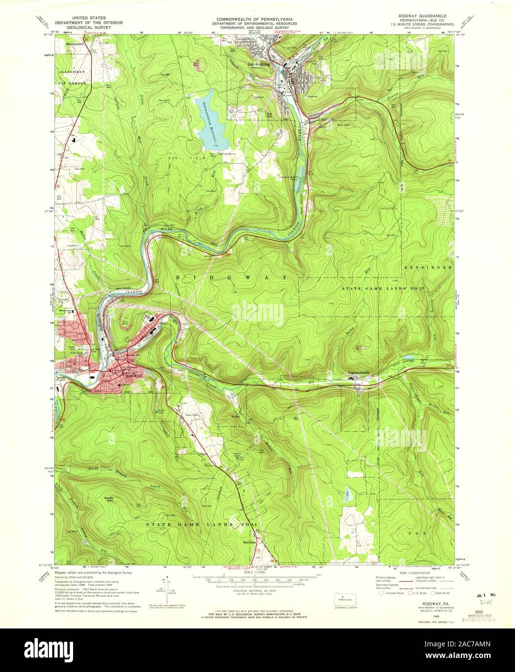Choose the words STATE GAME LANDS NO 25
point(383,288)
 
